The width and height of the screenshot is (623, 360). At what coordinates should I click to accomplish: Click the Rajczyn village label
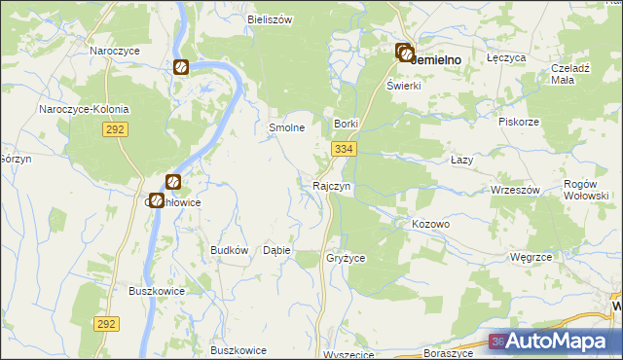click(331, 185)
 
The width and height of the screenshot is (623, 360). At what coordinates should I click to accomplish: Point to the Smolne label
click(287, 127)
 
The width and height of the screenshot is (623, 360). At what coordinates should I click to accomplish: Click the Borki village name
click(347, 125)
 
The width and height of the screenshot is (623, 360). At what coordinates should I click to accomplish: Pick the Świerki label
click(403, 86)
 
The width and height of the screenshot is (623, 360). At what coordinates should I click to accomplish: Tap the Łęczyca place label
click(506, 58)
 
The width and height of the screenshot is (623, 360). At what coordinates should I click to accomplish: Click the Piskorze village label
click(519, 123)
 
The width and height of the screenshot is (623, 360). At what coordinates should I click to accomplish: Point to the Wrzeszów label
click(516, 190)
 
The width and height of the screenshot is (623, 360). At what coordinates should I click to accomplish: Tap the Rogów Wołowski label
click(587, 189)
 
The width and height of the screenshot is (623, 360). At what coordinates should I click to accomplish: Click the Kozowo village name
click(430, 224)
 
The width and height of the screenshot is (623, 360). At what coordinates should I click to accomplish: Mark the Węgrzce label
click(531, 257)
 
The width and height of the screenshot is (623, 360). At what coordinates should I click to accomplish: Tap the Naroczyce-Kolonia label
click(84, 109)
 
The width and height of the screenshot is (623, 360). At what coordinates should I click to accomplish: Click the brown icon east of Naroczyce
click(181, 67)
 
